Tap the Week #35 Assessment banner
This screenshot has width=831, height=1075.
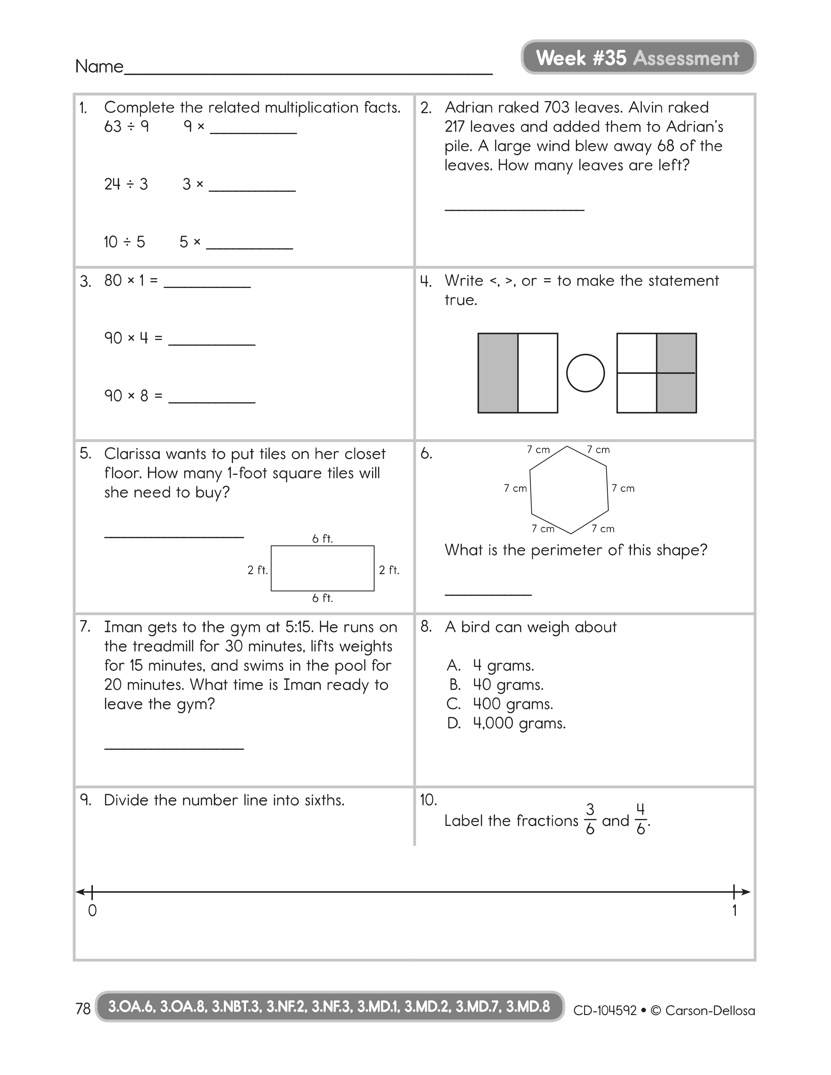[x=638, y=58]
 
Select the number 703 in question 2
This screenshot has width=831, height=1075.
[x=557, y=107]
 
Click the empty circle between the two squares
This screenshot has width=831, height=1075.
[x=585, y=373]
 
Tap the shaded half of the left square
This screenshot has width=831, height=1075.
[x=498, y=373]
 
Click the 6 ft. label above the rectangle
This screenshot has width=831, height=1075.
[x=322, y=539]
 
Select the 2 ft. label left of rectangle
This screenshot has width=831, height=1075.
[x=257, y=570]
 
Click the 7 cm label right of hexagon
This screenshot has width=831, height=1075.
[x=623, y=488]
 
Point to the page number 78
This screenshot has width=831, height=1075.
[x=83, y=1009]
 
